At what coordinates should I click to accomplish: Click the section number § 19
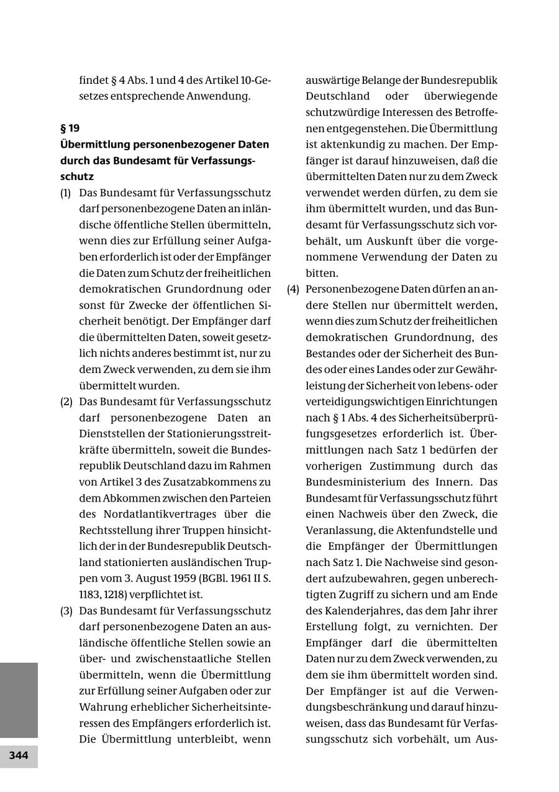70,128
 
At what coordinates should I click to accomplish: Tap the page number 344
19,755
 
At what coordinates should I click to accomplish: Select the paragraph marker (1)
65,193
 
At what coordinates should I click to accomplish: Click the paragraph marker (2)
65,402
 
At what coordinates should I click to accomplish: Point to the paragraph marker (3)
65,610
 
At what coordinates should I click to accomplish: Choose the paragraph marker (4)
293,289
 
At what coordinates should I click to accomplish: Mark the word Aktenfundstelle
440,530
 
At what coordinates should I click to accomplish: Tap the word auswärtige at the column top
334,81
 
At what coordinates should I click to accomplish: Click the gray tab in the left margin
19,700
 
